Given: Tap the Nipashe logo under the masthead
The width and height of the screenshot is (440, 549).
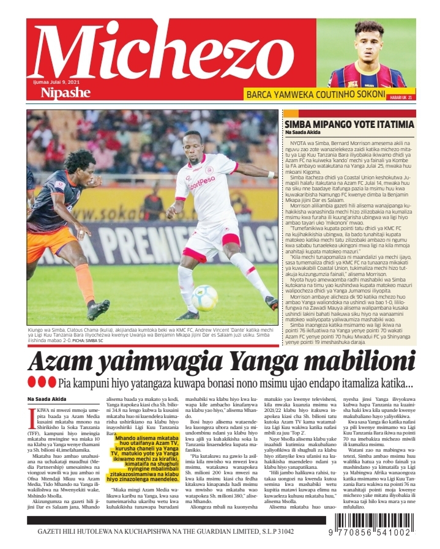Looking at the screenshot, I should pyautogui.click(x=65, y=92).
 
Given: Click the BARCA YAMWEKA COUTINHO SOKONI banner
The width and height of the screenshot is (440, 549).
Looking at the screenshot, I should pyautogui.click(x=315, y=95).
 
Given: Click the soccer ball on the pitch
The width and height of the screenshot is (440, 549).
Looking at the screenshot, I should pyautogui.click(x=204, y=297).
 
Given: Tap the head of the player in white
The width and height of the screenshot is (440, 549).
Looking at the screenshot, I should pyautogui.click(x=195, y=144).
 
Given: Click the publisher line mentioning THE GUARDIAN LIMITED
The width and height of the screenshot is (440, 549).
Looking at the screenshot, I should pyautogui.click(x=165, y=531).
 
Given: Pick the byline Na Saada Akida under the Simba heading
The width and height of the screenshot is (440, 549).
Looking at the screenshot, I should pyautogui.click(x=302, y=133).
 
